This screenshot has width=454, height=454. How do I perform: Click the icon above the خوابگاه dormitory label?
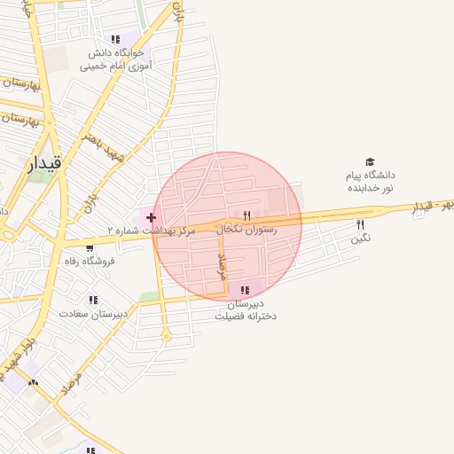point(115,39)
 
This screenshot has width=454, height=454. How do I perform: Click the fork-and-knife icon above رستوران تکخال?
point(247,215)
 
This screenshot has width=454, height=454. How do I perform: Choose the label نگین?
point(360,238)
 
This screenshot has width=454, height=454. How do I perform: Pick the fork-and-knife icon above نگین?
point(360,224)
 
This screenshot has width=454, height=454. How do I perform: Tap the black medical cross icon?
point(152,217)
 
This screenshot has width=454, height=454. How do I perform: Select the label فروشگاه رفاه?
point(90,262)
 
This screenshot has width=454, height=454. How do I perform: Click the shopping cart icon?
point(90,248)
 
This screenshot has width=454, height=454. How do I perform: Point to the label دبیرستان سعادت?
point(94,313)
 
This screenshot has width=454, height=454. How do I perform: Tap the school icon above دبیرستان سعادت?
point(94,300)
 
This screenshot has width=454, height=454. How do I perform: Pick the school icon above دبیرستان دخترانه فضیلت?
point(245,290)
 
